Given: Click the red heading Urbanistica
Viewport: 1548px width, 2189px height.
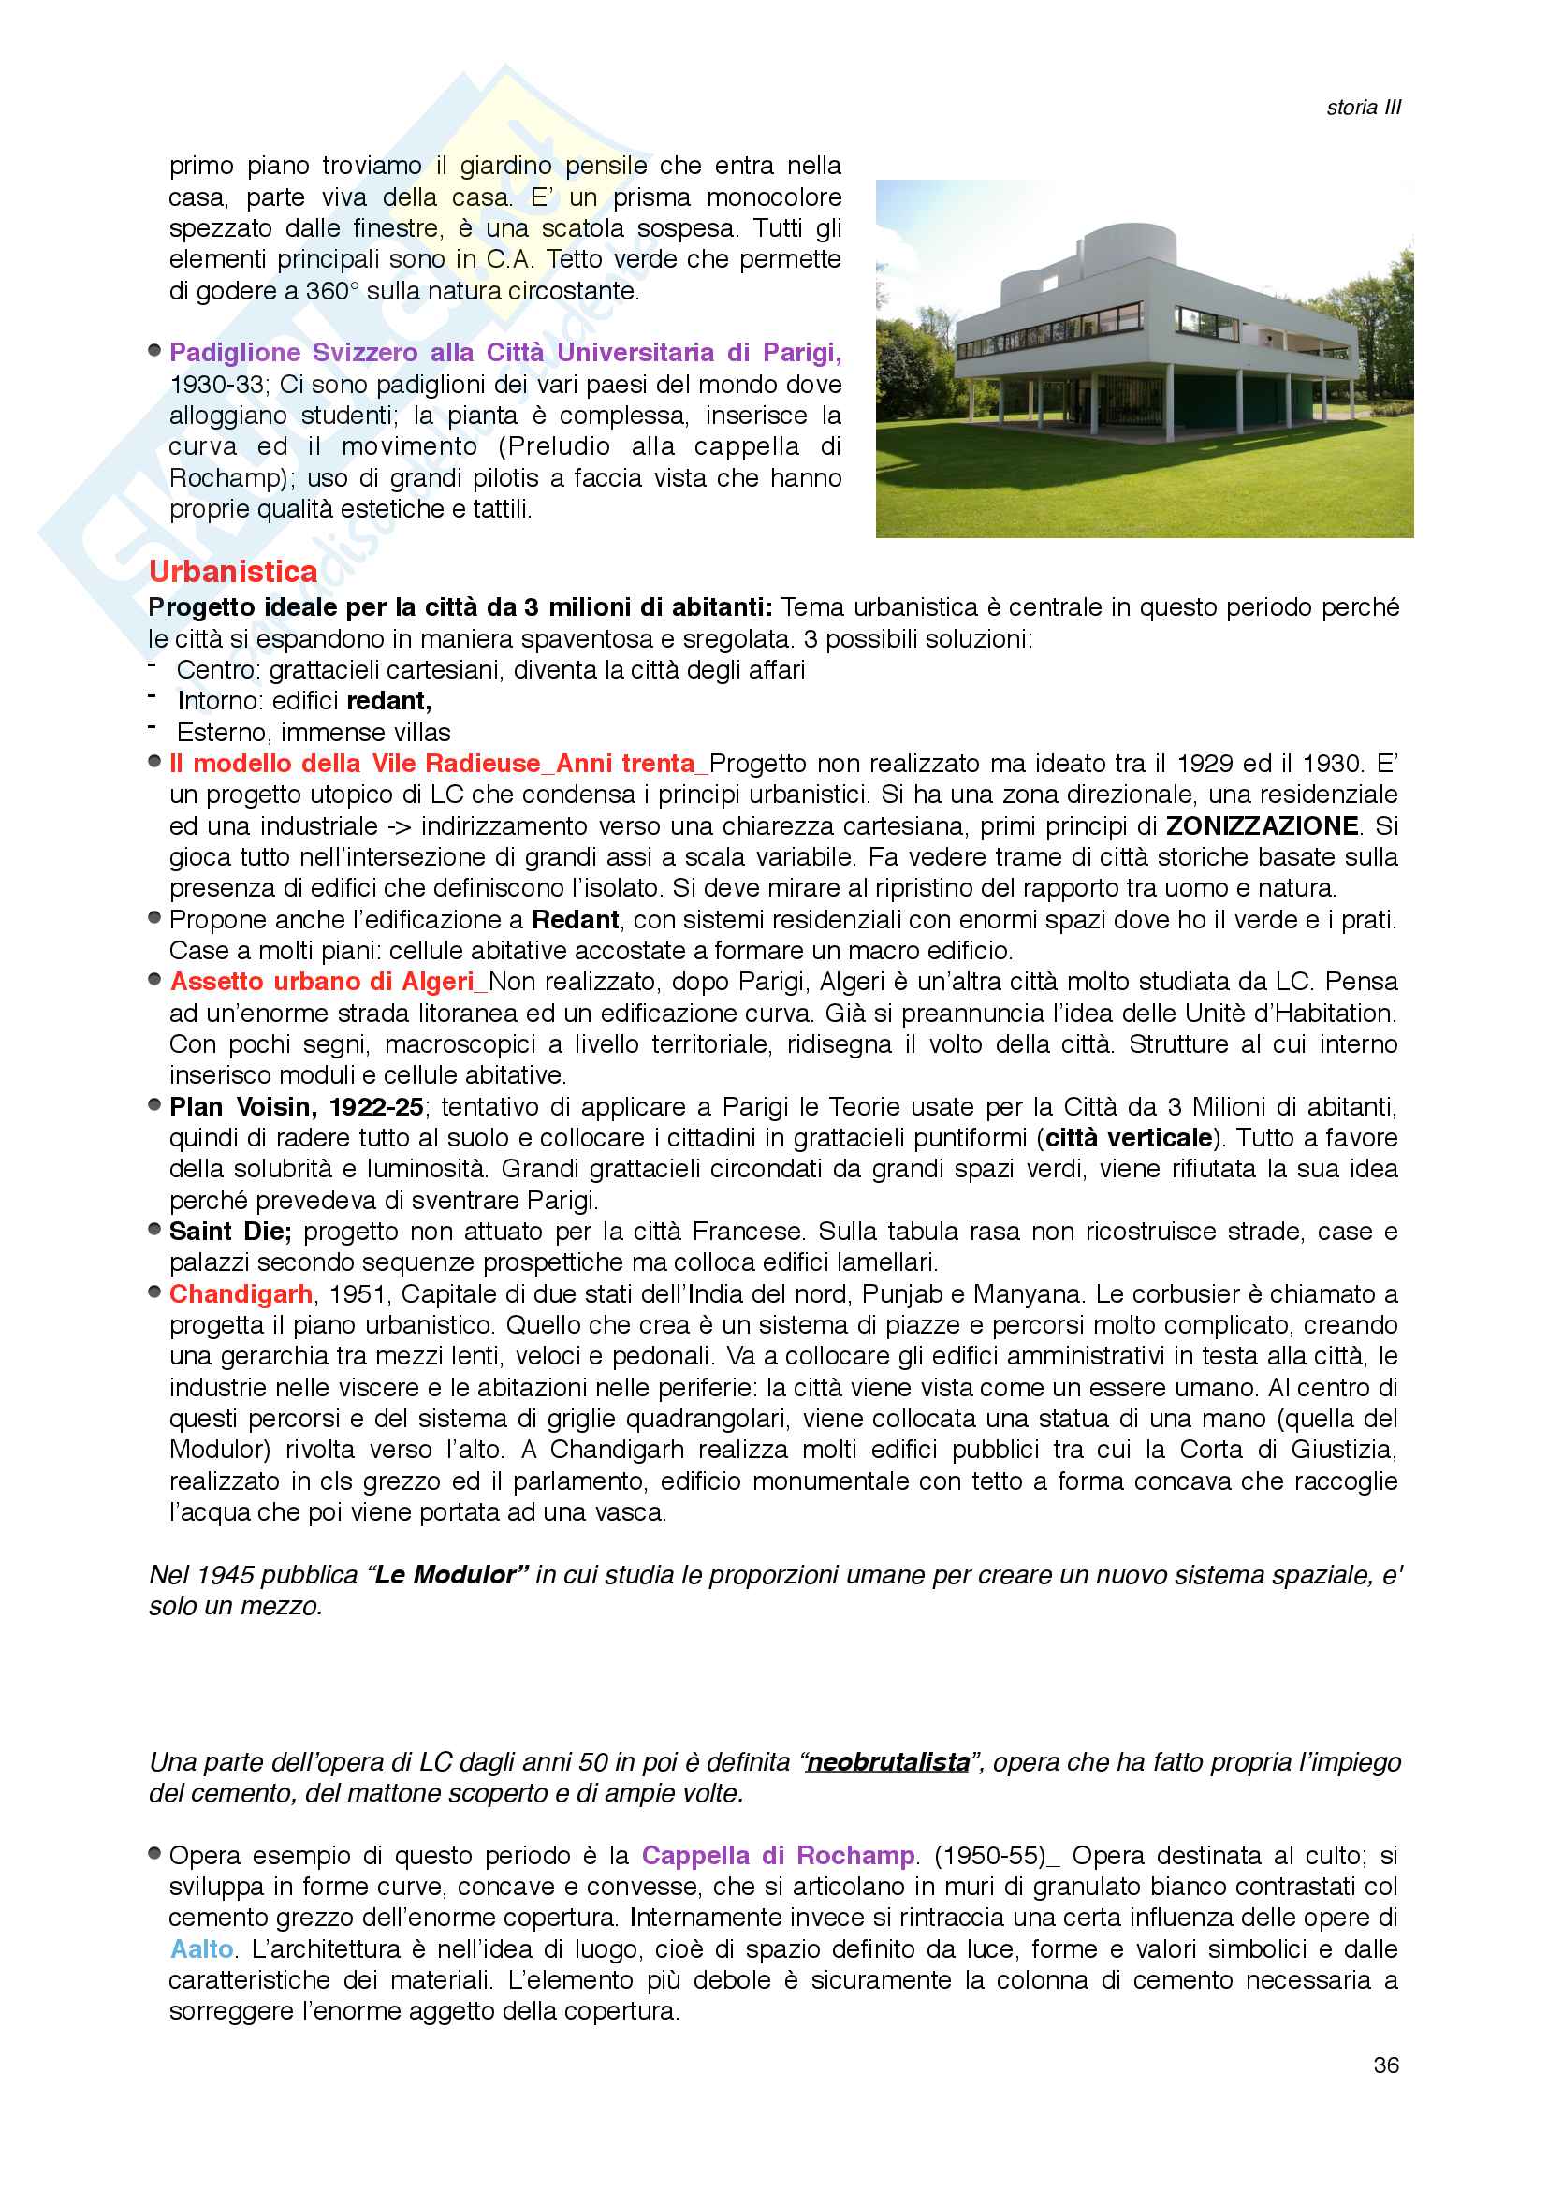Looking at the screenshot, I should (233, 571).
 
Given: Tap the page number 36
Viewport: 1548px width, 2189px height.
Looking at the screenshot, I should (1386, 2065).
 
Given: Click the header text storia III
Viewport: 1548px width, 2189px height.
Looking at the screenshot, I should (1363, 108).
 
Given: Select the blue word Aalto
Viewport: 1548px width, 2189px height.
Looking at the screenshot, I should (202, 1948).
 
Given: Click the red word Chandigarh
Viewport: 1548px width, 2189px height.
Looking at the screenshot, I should (241, 1293).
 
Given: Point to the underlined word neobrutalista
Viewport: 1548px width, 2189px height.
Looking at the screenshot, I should (887, 1762).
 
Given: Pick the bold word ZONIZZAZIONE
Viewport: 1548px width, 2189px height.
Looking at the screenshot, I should (1262, 825).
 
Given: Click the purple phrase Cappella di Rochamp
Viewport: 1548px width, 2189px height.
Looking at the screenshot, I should (778, 1855).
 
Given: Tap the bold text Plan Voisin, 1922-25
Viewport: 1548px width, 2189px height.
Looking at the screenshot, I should (297, 1107).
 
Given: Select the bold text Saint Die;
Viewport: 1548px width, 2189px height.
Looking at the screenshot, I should (229, 1232).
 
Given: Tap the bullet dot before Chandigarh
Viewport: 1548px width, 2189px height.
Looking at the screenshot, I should (154, 1292).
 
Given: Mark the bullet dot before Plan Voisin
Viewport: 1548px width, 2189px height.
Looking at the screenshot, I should (154, 1105).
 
